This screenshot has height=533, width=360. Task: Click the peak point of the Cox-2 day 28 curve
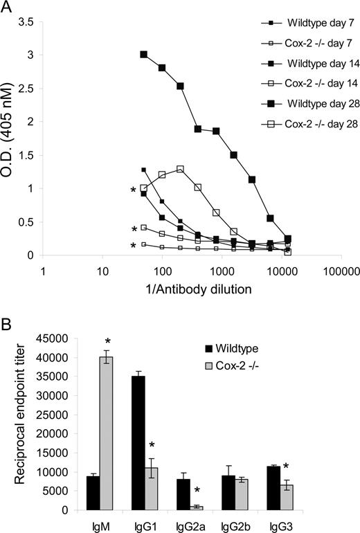(x=180, y=169)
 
